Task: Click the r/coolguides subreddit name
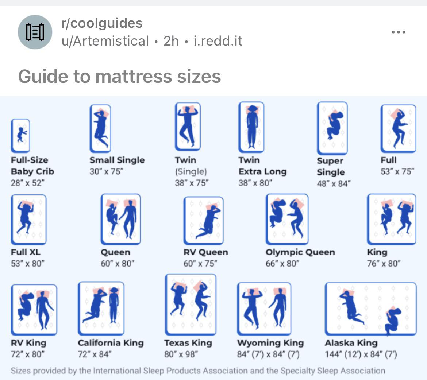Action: pos(102,23)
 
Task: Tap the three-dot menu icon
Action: pos(398,32)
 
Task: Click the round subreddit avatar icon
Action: pos(35,32)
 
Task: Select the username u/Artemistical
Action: pos(105,41)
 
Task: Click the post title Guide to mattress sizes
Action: pos(119,77)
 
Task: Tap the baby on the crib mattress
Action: pos(21,135)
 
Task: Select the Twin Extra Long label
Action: pos(262,166)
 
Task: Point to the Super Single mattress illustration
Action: pos(332,128)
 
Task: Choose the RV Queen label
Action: pos(206,252)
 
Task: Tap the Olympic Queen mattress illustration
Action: pos(287,219)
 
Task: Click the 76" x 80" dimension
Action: pos(384,263)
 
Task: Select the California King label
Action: pos(111,343)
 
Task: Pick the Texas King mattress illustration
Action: pos(191,305)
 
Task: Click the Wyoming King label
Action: pos(270,343)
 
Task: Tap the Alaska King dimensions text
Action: pos(361,354)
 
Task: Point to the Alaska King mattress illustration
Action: pos(370,308)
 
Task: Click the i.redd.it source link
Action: pos(218,41)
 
